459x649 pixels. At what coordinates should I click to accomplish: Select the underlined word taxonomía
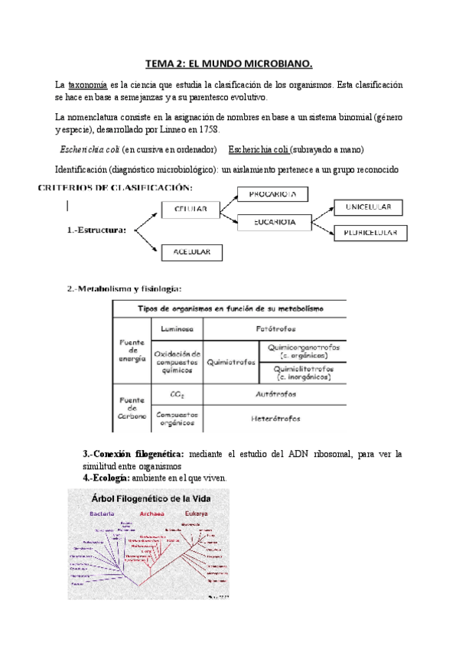[x=87, y=83]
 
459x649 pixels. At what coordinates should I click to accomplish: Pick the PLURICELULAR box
[x=369, y=233]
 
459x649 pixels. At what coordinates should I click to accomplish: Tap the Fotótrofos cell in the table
[x=275, y=328]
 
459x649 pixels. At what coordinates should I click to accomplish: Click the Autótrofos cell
[x=275, y=394]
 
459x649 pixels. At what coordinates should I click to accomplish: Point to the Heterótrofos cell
[x=275, y=418]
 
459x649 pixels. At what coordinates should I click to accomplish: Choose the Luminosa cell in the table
[x=177, y=328]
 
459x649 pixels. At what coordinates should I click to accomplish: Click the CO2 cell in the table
[x=177, y=394]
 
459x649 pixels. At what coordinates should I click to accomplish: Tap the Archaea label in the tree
[x=151, y=514]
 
